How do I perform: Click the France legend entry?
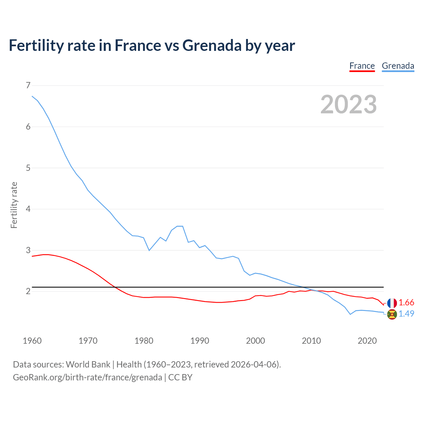click(x=362, y=66)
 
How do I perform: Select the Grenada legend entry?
click(x=398, y=66)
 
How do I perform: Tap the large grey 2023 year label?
click(x=349, y=104)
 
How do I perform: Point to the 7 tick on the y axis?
click(x=28, y=86)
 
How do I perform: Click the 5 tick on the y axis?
click(x=28, y=168)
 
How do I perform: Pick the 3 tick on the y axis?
click(x=28, y=250)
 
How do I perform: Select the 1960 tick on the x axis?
click(x=32, y=341)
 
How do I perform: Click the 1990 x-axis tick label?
click(x=200, y=341)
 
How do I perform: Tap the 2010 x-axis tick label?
click(x=311, y=341)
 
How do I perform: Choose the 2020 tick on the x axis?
click(x=367, y=341)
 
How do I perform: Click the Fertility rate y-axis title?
click(x=14, y=205)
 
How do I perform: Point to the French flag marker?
click(x=392, y=303)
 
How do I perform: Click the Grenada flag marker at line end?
click(x=392, y=314)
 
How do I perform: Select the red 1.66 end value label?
click(x=406, y=303)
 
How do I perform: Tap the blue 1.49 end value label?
click(x=406, y=314)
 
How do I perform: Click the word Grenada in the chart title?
click(x=212, y=45)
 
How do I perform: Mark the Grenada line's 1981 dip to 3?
click(x=149, y=250)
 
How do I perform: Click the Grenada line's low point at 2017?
click(x=350, y=314)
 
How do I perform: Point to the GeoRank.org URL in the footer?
click(x=88, y=377)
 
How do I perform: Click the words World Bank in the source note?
click(x=88, y=365)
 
